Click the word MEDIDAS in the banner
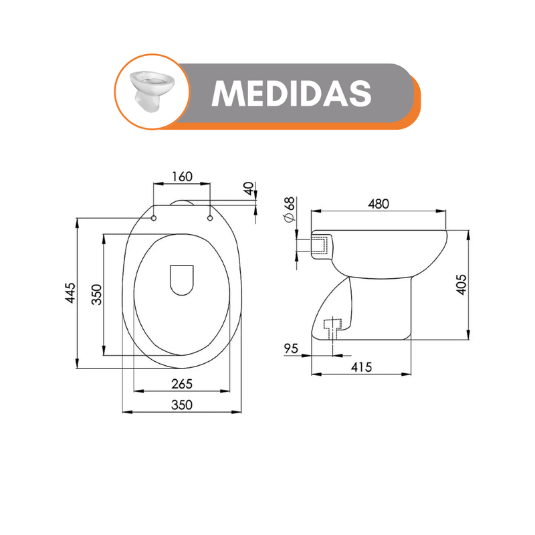pos(292,93)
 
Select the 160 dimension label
pos(182,177)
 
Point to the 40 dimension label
pos(249,189)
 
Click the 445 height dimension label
pos(71,292)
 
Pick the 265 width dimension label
pos(182,384)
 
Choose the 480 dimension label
pos(379,204)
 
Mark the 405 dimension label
pos(461,285)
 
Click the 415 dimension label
pos(361,367)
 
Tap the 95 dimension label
pos(291,348)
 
